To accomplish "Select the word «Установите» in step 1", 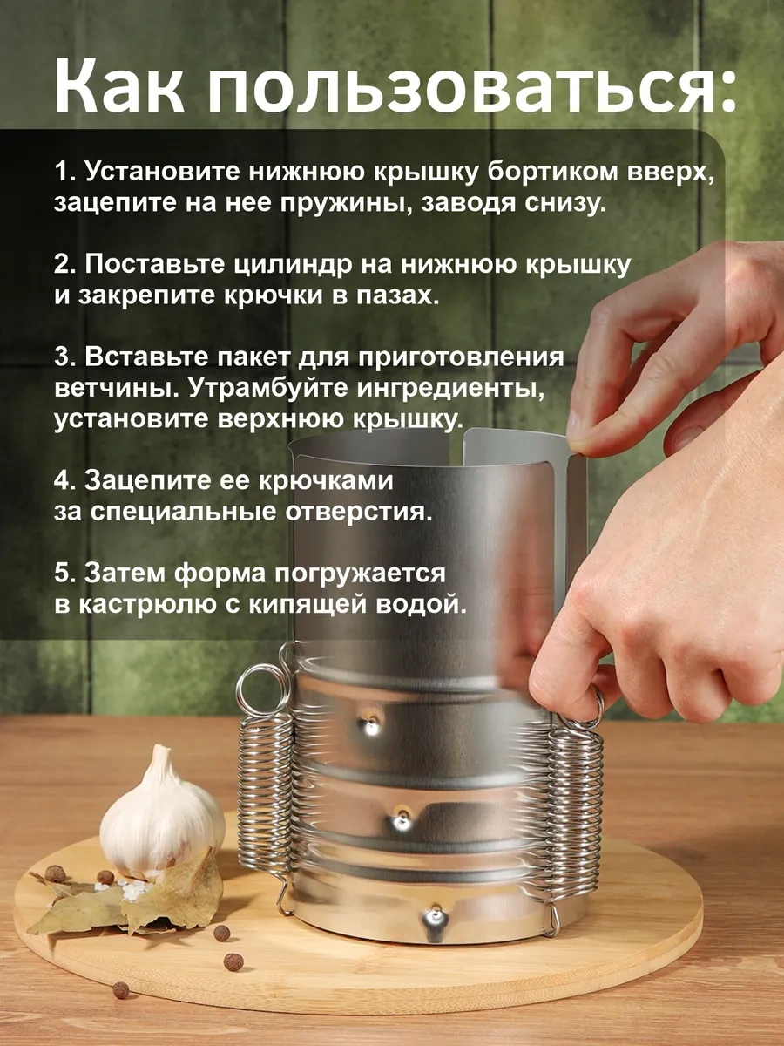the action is (165, 172).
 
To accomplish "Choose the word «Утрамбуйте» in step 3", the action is (267, 390).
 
